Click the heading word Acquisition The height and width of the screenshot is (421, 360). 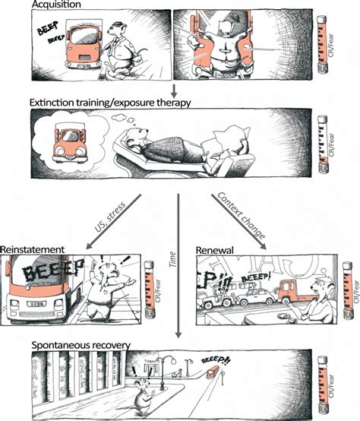coord(52,5)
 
